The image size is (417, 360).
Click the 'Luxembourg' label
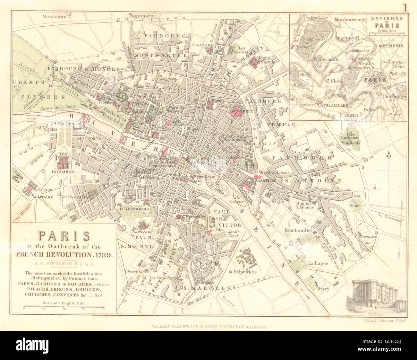pyautogui.click(x=134, y=209)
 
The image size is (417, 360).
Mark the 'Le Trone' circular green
pyautogui.click(x=355, y=203)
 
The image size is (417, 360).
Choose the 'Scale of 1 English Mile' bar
pyautogui.click(x=64, y=307)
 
